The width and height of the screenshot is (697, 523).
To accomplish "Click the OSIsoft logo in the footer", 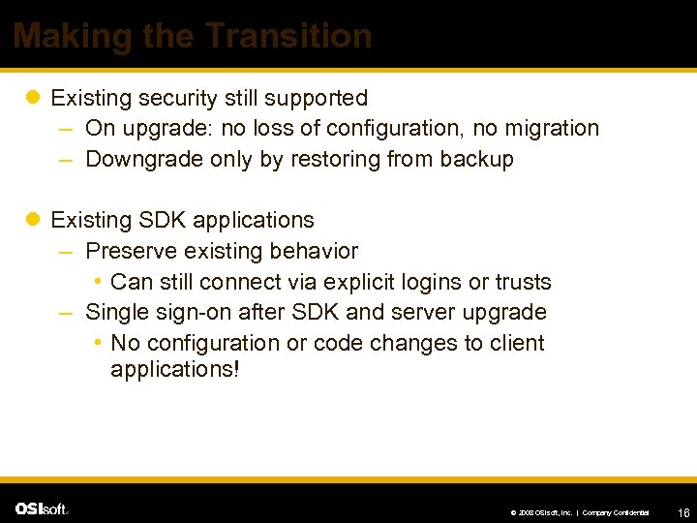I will pos(41,508).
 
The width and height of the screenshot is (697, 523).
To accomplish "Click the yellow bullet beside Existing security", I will pos(32,98).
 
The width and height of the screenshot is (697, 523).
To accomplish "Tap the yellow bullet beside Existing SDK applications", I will pos(32,220).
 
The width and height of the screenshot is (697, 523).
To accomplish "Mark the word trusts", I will pos(522,282).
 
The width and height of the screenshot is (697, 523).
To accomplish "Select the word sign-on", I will pos(193,312).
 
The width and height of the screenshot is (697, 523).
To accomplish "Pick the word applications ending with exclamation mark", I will pos(173,369).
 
